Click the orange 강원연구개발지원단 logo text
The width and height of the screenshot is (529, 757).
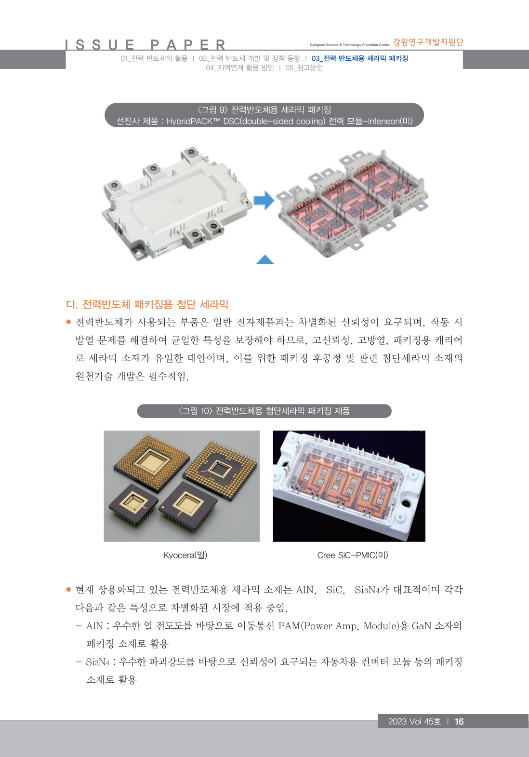(x=428, y=42)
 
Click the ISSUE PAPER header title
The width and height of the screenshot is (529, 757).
(x=145, y=45)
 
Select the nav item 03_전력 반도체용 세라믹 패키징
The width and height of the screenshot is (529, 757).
(x=360, y=58)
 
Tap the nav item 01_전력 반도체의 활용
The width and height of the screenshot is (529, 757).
(x=154, y=58)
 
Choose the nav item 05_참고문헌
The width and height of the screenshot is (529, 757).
(x=304, y=68)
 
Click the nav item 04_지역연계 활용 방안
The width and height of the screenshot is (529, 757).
(x=240, y=68)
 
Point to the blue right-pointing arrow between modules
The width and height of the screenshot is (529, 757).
(x=264, y=201)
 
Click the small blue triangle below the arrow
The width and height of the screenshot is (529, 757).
(x=265, y=259)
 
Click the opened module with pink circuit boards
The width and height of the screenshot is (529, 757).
(x=353, y=203)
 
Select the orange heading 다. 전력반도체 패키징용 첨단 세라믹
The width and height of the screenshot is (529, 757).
(x=147, y=305)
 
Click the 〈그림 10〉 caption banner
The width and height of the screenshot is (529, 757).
(x=264, y=411)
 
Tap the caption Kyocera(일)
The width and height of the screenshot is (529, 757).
(x=185, y=555)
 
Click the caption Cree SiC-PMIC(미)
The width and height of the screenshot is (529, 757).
(x=353, y=555)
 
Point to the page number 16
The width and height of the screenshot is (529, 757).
(x=459, y=721)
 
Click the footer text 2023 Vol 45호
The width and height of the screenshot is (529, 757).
(x=414, y=721)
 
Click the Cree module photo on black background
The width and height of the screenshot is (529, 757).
(x=349, y=486)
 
